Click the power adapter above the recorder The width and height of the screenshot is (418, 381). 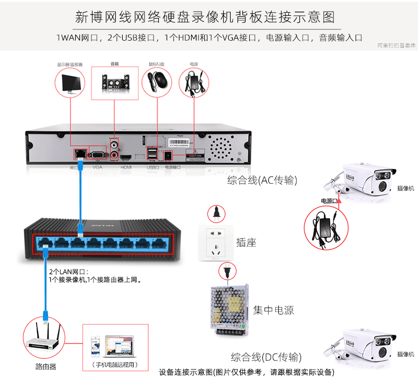pos(194,82)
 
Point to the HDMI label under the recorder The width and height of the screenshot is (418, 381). pos(126,167)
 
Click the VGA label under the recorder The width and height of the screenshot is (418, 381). pos(97,167)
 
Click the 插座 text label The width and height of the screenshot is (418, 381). pos(246,243)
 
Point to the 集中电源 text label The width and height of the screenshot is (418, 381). pos(273,310)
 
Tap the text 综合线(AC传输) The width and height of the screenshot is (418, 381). pos(262,180)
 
